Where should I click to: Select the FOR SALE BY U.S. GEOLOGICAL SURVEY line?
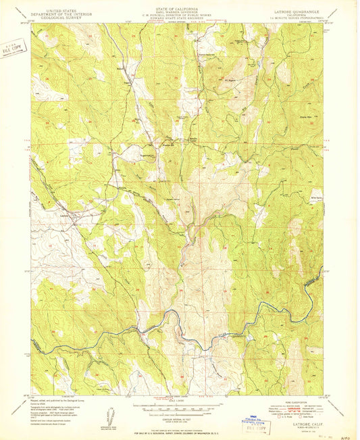(180, 431)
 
